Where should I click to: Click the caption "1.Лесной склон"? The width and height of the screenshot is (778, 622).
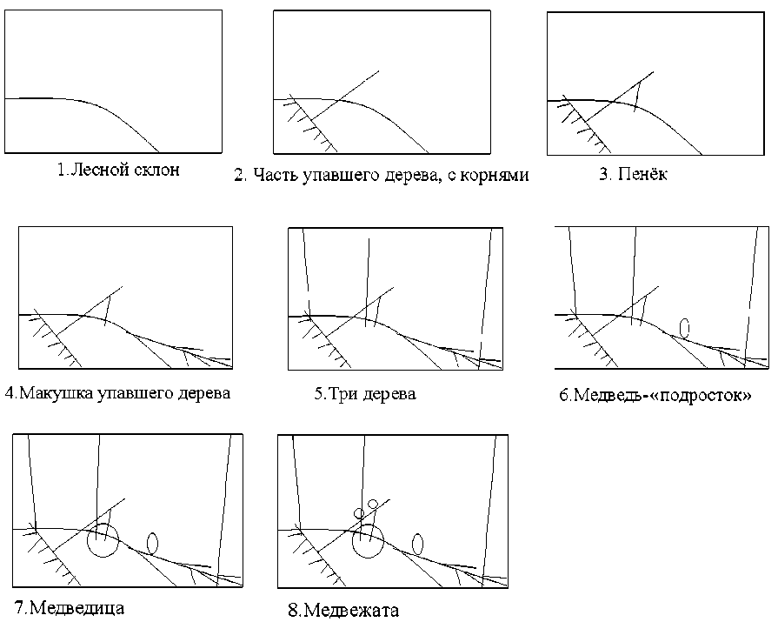click(x=118, y=170)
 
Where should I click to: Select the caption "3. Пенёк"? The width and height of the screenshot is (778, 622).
click(x=633, y=175)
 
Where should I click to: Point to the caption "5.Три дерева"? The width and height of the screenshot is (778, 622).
click(x=365, y=394)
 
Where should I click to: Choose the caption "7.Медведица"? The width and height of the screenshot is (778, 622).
click(x=70, y=606)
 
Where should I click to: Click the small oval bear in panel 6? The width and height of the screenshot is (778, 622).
click(x=685, y=327)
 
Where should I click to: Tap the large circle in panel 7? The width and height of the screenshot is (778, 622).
click(x=103, y=540)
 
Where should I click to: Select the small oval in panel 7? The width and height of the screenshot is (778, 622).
click(x=152, y=543)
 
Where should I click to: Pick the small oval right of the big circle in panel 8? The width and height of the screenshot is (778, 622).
click(x=417, y=544)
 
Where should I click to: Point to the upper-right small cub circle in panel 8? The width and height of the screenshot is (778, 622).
click(x=374, y=504)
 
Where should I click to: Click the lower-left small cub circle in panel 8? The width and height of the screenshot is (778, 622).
click(x=358, y=513)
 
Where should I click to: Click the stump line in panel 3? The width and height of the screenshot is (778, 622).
click(x=638, y=96)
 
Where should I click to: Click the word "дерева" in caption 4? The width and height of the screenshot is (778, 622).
click(x=202, y=392)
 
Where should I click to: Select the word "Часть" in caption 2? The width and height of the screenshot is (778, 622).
click(x=273, y=175)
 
